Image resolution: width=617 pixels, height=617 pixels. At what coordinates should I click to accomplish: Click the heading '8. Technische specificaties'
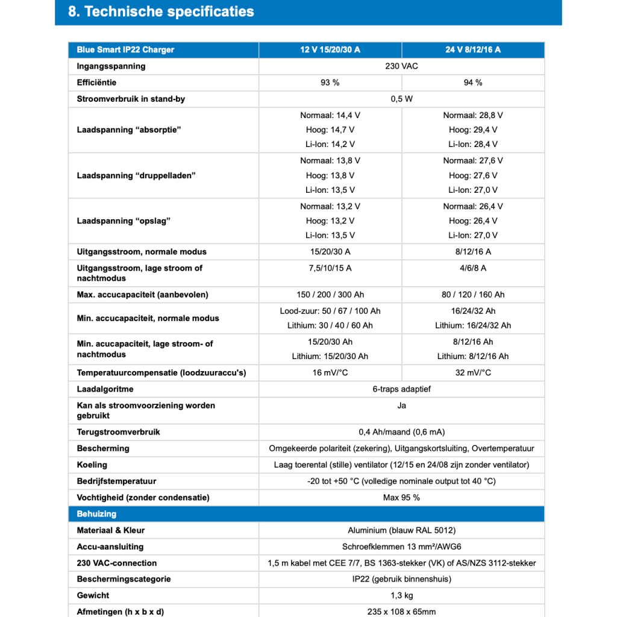(161, 11)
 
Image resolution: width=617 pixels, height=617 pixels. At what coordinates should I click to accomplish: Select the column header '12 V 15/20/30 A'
(330, 49)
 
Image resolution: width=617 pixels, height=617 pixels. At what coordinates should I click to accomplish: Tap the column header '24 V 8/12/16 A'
(473, 49)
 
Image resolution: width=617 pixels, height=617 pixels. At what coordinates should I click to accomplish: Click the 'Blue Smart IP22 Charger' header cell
(125, 49)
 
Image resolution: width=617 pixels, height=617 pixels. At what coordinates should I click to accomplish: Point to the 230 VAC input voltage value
(401, 66)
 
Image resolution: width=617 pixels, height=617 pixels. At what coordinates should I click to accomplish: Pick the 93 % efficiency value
(330, 82)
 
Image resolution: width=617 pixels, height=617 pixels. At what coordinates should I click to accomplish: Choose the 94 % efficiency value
(473, 82)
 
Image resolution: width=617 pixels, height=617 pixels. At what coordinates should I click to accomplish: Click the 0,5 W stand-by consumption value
(401, 99)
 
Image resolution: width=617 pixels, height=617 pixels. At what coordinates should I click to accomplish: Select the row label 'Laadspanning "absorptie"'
(129, 130)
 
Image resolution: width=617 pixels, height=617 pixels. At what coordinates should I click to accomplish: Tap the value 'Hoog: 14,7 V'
(330, 130)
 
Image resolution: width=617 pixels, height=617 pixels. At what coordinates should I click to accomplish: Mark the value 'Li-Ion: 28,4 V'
(473, 144)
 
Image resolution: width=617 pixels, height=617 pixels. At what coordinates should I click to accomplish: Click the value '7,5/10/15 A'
(330, 268)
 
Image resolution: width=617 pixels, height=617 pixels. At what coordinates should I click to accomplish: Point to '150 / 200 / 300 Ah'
(330, 295)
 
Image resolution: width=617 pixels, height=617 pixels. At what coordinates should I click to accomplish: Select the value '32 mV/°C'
(473, 372)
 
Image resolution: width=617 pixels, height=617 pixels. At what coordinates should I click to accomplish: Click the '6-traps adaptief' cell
(401, 389)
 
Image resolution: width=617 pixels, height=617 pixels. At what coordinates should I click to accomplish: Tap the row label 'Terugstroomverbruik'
(118, 432)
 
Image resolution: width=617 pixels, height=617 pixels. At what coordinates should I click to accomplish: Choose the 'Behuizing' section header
(96, 514)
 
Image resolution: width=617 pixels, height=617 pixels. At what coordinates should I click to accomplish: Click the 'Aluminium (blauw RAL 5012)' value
(401, 530)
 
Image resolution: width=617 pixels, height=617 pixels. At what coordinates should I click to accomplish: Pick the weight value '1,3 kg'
(401, 595)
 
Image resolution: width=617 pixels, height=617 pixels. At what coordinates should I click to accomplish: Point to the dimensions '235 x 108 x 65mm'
(401, 612)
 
